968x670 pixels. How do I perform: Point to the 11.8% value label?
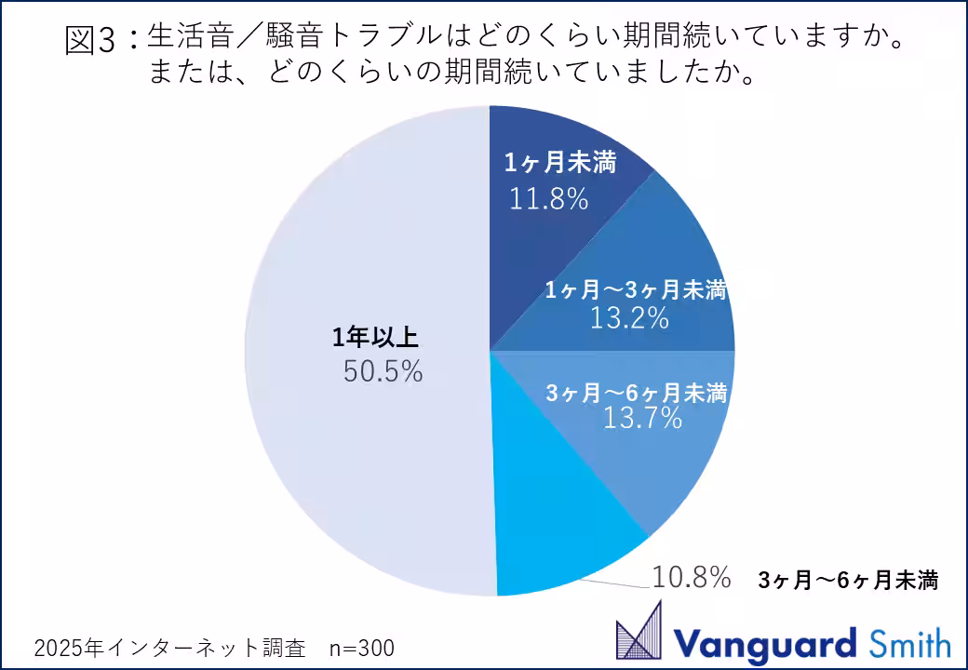(x=549, y=198)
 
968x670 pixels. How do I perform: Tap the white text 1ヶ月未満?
(x=560, y=163)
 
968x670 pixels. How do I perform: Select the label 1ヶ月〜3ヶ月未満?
(x=635, y=290)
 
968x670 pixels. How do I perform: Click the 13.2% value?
(x=630, y=318)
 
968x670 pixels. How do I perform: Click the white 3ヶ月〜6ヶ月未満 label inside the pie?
(x=635, y=393)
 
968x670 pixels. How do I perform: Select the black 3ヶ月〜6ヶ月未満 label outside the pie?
(x=847, y=582)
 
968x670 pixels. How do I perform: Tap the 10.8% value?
(x=690, y=578)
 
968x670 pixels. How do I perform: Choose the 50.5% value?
(x=383, y=372)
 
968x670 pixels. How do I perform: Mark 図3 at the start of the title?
(x=93, y=40)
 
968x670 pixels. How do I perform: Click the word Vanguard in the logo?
(x=764, y=642)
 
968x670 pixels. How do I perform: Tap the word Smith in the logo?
(x=909, y=642)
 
